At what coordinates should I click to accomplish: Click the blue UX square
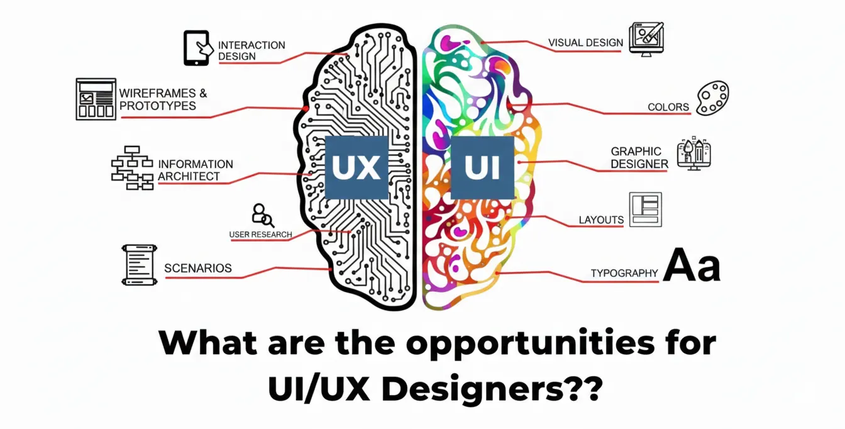click(x=356, y=168)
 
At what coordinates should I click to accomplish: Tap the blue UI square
click(x=482, y=168)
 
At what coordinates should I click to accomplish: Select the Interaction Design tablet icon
click(x=196, y=48)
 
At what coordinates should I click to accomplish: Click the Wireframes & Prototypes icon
click(x=96, y=99)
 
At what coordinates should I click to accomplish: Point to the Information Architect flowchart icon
click(x=132, y=167)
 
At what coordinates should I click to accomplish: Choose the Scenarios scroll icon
click(x=138, y=265)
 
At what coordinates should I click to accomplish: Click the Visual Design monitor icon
click(x=646, y=39)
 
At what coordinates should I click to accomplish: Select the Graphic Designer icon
click(x=693, y=153)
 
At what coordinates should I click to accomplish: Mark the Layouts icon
click(x=645, y=209)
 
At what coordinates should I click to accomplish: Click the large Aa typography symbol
click(x=692, y=265)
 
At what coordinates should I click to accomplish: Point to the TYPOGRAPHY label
click(x=624, y=274)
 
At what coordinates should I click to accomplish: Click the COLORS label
click(x=668, y=108)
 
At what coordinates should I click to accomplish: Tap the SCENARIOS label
click(x=197, y=269)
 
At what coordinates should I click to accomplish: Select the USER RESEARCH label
click(x=260, y=235)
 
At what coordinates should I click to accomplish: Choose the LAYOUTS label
click(x=601, y=220)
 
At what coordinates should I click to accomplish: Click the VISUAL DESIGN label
click(x=585, y=43)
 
